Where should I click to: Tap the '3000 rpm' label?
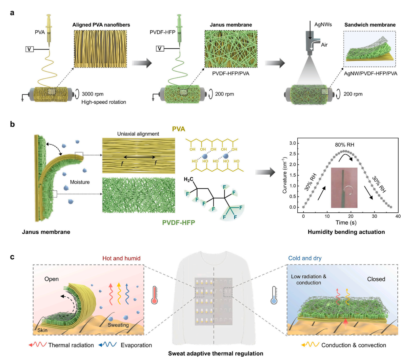coord(92,94)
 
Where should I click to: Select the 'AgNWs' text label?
coord(323,25)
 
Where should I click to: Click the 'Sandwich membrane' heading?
coord(370,25)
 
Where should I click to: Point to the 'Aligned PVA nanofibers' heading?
coord(101,25)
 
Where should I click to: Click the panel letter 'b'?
coord(12,124)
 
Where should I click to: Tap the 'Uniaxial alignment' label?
coord(138,134)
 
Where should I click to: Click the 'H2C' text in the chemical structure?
coord(189,180)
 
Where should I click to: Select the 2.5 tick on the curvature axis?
coord(293,154)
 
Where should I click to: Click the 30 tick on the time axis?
coord(374,216)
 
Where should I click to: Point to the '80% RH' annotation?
coord(344,145)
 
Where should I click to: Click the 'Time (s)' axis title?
coord(346,222)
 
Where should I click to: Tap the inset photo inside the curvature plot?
coord(344,187)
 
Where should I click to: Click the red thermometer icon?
coord(154,295)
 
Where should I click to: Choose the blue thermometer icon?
coord(274,295)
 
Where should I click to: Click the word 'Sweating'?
coord(118,325)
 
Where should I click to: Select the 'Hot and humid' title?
coord(121,258)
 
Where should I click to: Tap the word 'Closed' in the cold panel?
coord(376,279)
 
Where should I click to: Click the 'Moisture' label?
coord(80,182)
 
